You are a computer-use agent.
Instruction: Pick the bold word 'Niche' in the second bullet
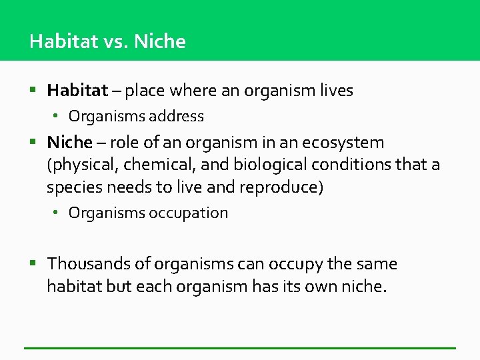coord(69,142)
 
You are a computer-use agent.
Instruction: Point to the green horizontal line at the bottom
coord(240,347)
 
